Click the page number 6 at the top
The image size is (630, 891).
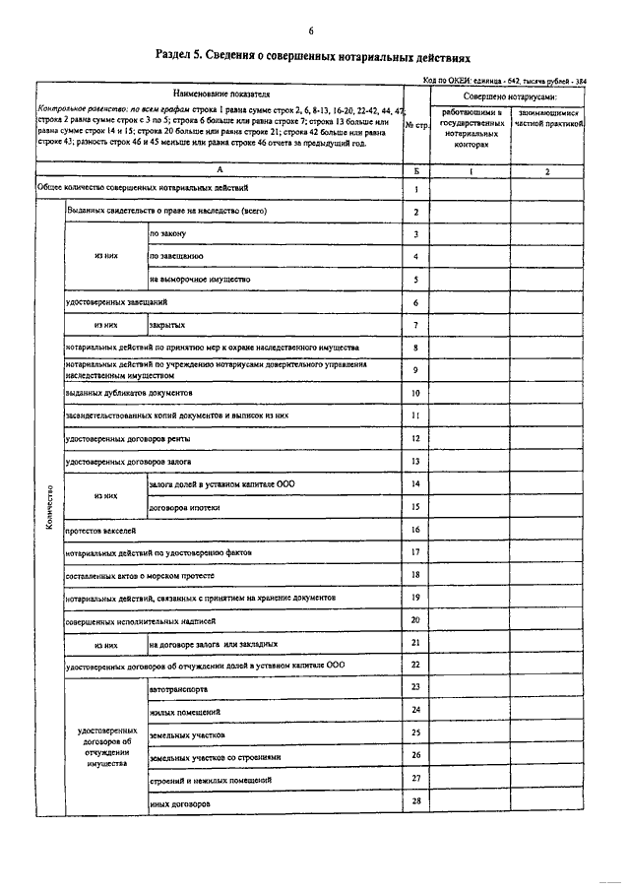311,32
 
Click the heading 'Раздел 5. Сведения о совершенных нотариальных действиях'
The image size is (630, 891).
313,58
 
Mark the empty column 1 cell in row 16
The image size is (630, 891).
471,530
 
